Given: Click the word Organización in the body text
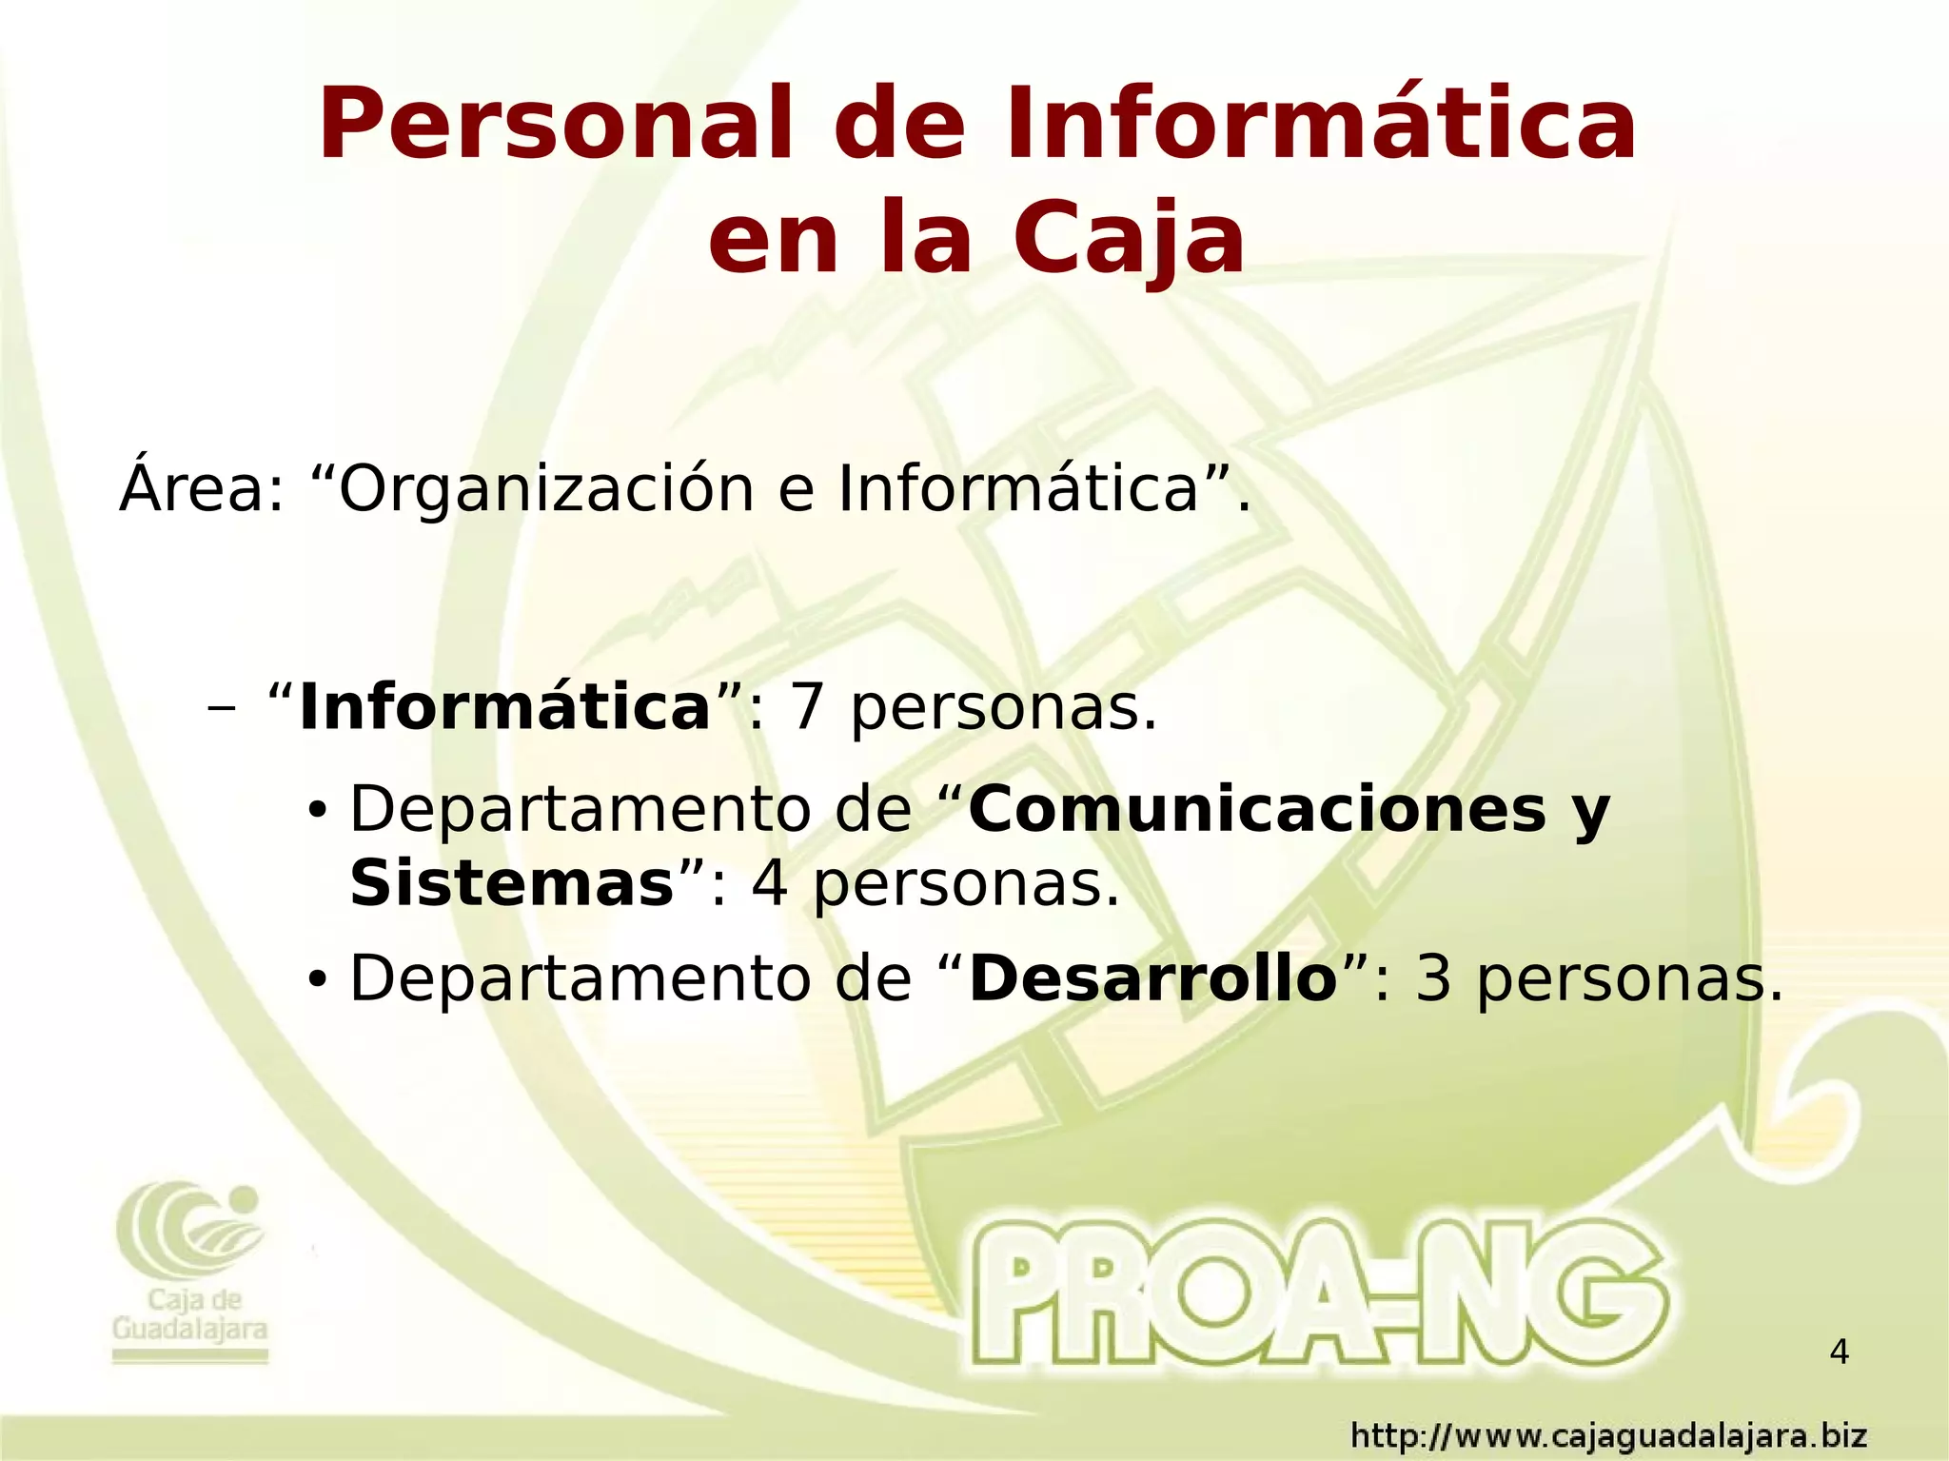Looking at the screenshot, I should click(x=546, y=489).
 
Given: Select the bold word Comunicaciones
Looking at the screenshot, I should click(x=1257, y=810).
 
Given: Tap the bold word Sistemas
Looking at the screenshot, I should click(x=512, y=884).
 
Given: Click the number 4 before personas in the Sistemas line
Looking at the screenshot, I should click(x=770, y=884).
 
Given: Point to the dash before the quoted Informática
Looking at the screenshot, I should click(x=222, y=708).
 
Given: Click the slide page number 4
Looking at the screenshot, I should click(x=1840, y=1352).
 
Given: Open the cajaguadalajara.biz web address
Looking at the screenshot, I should click(x=1608, y=1436).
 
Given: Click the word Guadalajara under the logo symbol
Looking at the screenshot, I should click(x=190, y=1330).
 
